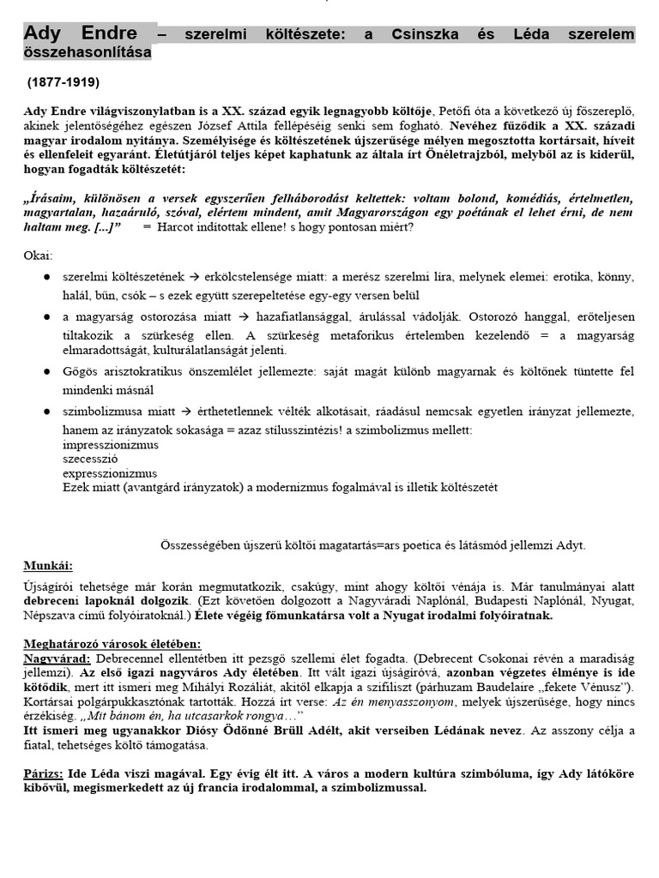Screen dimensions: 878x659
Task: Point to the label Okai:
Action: click(38, 256)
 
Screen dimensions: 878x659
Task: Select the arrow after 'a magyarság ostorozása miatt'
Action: click(234, 318)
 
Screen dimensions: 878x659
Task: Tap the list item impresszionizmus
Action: click(110, 444)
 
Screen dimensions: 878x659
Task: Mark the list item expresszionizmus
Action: click(109, 472)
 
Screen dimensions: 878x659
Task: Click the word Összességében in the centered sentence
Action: click(202, 544)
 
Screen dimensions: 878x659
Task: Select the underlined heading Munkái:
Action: click(48, 566)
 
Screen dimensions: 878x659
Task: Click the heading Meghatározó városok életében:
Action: click(110, 644)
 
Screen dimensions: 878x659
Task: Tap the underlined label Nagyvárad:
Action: click(57, 658)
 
